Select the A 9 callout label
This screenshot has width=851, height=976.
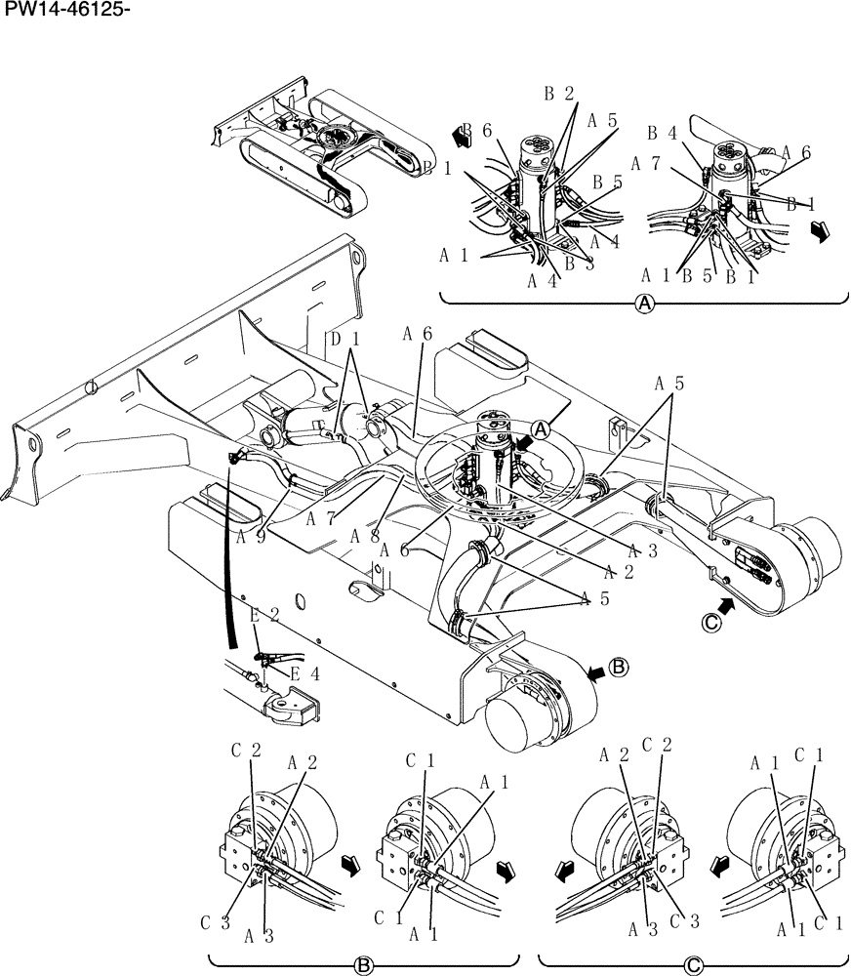point(252,536)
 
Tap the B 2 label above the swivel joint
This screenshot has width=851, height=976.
point(560,95)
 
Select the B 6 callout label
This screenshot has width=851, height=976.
point(478,130)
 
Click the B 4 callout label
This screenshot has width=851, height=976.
point(662,133)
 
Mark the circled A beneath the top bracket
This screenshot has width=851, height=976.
point(644,304)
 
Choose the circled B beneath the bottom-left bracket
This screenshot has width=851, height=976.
point(363,966)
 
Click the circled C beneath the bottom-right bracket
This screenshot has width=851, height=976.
point(693,966)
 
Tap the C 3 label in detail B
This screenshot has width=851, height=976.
point(215,922)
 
